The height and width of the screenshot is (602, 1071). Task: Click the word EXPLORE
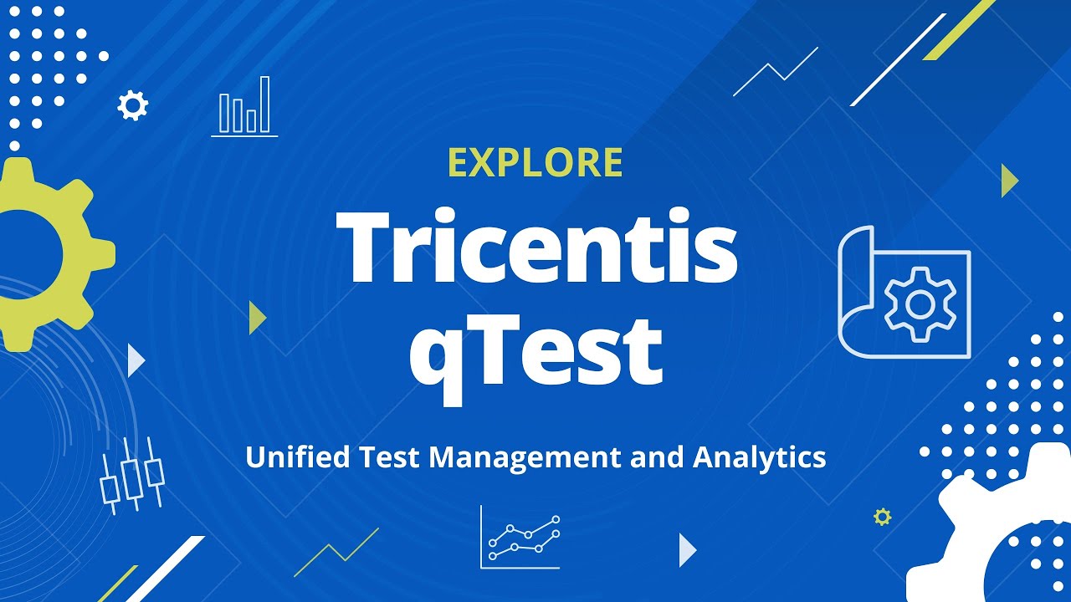[x=535, y=163]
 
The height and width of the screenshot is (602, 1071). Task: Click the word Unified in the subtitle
[x=299, y=457]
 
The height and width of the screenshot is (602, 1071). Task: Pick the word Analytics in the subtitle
[x=759, y=457]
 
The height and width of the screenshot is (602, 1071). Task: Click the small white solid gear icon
[x=132, y=106]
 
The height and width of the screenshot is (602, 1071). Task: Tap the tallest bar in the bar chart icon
[x=264, y=105]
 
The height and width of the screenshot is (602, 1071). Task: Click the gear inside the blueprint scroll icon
[x=920, y=305]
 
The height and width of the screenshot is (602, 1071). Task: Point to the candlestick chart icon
[x=132, y=474]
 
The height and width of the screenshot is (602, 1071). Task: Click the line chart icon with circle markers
[x=521, y=537]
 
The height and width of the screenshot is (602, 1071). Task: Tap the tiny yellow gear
[x=882, y=517]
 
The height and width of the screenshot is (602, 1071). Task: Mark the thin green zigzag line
[x=336, y=552]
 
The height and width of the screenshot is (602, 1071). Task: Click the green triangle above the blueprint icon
[x=1009, y=181]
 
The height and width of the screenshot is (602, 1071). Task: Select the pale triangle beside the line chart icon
[x=687, y=549]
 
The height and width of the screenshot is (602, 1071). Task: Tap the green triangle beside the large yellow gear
[x=257, y=318]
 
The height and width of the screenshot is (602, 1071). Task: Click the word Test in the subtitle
[x=393, y=457]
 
